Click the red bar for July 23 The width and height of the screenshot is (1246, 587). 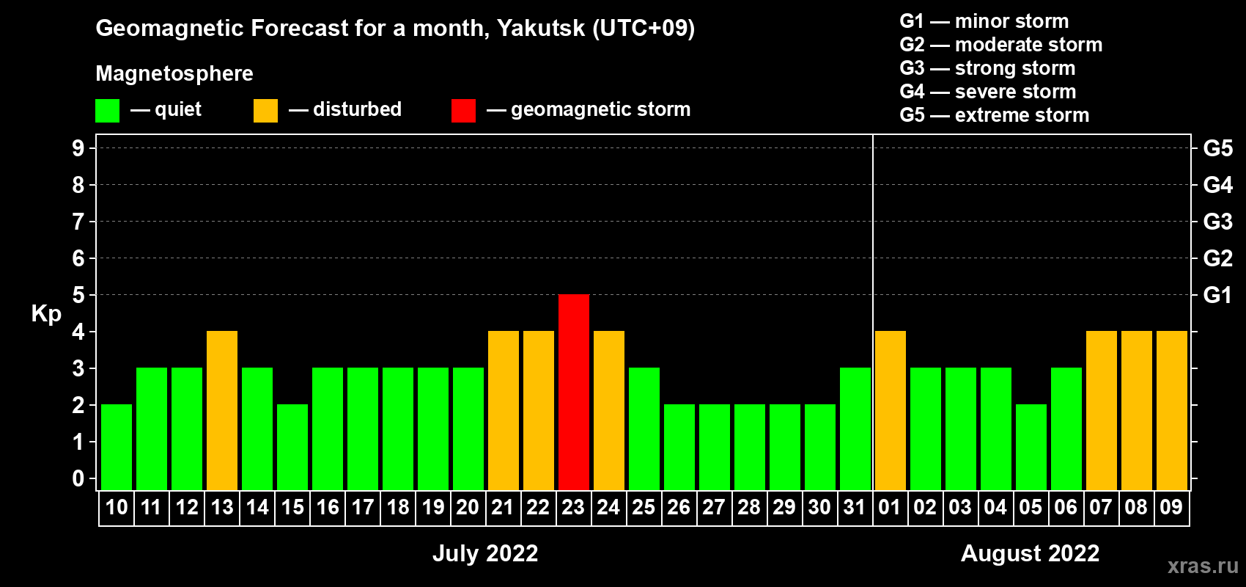[573, 392]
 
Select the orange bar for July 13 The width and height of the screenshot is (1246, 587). [222, 410]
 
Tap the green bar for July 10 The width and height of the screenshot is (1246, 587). [117, 447]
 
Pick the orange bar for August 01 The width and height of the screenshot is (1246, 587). [890, 410]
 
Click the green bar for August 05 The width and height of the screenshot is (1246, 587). [1031, 447]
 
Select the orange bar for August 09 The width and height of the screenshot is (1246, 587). [1171, 410]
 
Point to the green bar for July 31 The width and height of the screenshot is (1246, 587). [855, 429]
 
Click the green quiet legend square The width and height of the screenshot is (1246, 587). [107, 110]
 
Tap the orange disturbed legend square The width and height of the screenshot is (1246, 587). [265, 110]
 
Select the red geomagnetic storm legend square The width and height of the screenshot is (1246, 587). [463, 110]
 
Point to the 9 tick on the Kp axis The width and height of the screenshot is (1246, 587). [78, 148]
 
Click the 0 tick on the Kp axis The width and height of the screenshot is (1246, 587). [78, 478]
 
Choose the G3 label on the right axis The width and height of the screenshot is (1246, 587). [1217, 222]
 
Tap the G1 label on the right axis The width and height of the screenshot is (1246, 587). [1217, 295]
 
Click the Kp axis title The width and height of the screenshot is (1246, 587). [46, 314]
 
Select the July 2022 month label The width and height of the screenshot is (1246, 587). [485, 553]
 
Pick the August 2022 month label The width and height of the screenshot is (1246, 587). [1031, 553]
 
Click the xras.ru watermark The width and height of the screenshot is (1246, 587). [1203, 566]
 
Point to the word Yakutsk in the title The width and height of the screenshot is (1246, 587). [540, 28]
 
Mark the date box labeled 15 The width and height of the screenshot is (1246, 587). [292, 508]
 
